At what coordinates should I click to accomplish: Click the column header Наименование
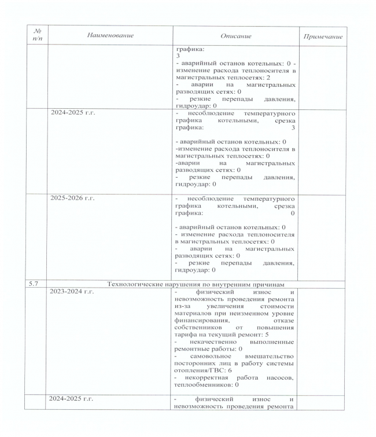109,35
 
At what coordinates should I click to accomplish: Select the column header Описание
235,36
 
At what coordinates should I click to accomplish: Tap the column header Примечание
323,36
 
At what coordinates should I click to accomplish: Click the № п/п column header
37,35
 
